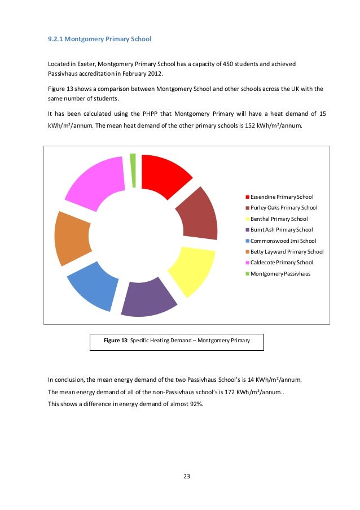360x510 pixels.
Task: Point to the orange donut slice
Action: tap(72, 237)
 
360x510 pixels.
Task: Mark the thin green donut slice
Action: tap(133, 169)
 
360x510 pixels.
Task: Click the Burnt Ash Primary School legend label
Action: tap(281, 230)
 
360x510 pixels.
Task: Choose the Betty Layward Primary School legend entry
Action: tap(287, 251)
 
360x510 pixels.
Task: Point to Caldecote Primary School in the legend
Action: tap(281, 263)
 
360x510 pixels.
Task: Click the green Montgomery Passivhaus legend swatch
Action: tap(247, 274)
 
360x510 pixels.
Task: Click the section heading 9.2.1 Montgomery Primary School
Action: tap(99, 40)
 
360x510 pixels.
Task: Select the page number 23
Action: tap(187, 476)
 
